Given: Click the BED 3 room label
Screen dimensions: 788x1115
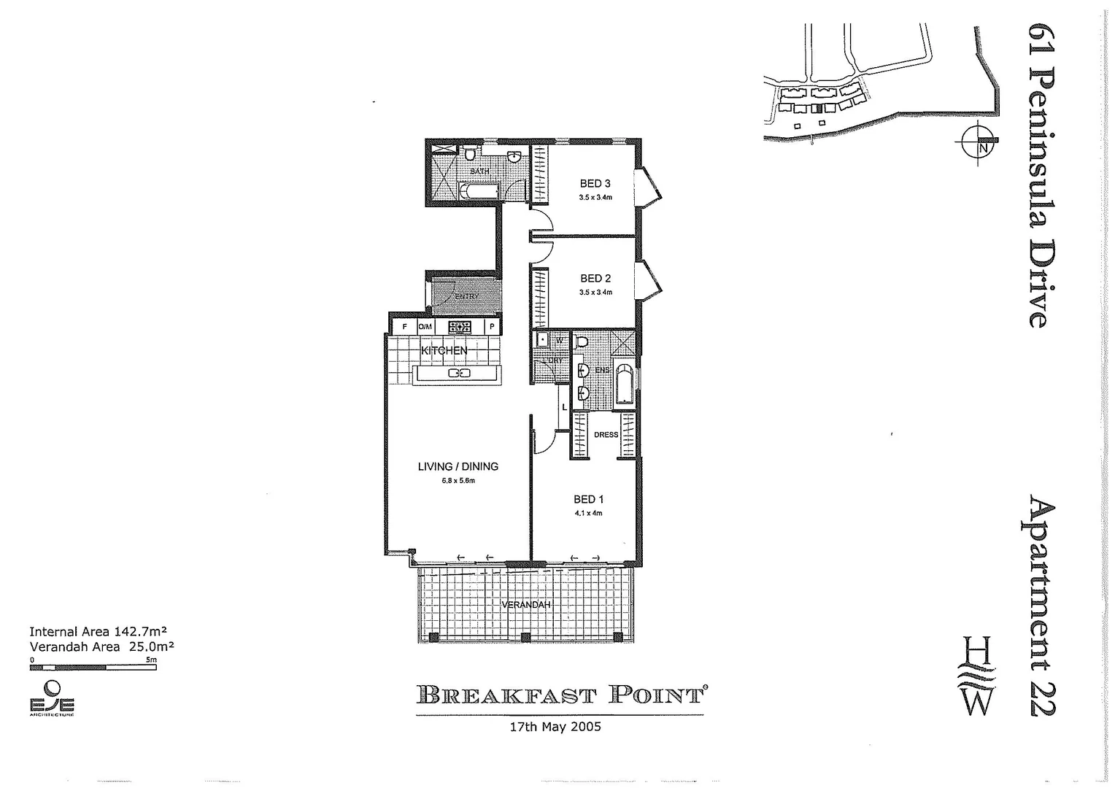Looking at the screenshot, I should coord(595,183).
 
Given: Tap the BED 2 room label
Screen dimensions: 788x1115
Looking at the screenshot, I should coord(595,278).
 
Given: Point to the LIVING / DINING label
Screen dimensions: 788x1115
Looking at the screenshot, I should coord(458,466).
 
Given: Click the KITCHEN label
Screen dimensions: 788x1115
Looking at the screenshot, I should coord(444,351).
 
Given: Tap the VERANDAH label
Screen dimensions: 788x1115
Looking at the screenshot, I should coord(525,605).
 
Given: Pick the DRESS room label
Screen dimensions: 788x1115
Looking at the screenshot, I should coord(606,435).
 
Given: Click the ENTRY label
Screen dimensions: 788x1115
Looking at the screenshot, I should coord(467,297).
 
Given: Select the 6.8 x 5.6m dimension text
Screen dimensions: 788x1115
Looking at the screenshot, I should coord(458,481).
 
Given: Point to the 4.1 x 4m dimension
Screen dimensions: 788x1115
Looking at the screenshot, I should coord(588,513).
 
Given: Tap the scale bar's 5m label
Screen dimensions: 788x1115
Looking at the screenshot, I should coord(151,660).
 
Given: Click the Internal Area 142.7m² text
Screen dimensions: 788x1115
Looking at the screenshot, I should coord(100,632).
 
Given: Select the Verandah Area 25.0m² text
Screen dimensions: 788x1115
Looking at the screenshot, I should coord(101,646).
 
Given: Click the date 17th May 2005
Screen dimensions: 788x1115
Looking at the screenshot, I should coord(555,727).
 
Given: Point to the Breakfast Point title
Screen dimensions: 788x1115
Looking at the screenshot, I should coord(560,694).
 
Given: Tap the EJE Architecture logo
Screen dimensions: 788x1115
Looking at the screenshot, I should coord(51,699).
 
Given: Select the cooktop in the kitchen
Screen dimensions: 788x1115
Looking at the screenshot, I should coord(461,328).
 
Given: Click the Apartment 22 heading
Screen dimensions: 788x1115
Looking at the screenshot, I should coord(1042,605).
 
